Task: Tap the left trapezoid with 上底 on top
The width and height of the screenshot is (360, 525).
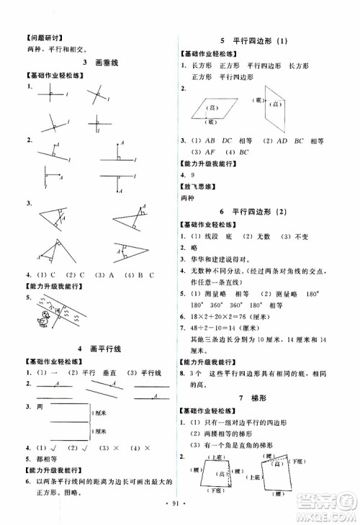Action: pos(214,476)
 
